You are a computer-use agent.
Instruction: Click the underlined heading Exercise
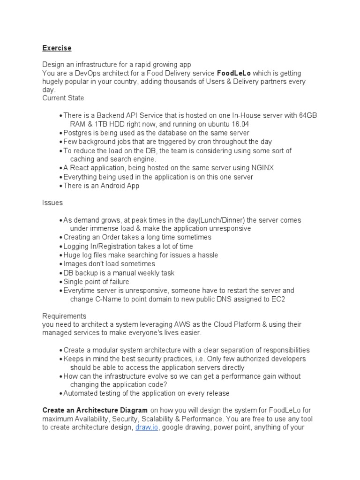(x=57, y=48)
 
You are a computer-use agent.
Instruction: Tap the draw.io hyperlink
(x=145, y=427)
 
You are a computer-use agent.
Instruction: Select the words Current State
(x=63, y=98)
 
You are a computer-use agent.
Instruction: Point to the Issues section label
(x=52, y=203)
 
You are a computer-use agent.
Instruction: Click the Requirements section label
(x=64, y=316)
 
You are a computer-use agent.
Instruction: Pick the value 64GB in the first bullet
(x=307, y=115)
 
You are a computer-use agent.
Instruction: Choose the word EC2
(x=278, y=299)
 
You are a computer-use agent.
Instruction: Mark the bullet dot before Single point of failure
(x=61, y=282)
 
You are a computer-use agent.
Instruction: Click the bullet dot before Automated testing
(x=61, y=393)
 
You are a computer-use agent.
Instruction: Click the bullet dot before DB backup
(x=61, y=273)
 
